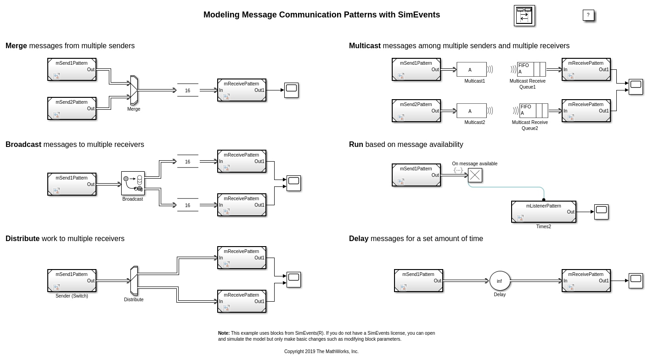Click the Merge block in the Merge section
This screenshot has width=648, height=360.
click(x=134, y=90)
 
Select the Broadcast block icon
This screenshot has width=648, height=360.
click(x=133, y=183)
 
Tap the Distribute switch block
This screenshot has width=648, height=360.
click(x=134, y=281)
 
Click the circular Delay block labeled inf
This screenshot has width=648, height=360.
click(x=500, y=281)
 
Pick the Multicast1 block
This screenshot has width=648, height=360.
click(x=471, y=69)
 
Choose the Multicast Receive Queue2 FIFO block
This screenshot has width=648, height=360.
click(x=533, y=111)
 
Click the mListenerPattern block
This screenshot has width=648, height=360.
click(x=543, y=212)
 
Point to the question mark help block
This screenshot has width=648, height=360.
click(x=588, y=15)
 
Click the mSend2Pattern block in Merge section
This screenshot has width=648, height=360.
click(x=72, y=108)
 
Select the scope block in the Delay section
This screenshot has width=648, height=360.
click(x=636, y=281)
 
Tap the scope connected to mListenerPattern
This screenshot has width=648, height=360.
click(x=601, y=212)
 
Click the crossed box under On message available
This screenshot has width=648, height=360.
click(x=475, y=175)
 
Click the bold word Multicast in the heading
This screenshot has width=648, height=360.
click(x=365, y=46)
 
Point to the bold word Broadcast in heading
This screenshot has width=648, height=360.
click(x=23, y=145)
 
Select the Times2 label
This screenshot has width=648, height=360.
click(x=543, y=227)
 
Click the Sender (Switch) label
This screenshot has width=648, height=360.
click(x=72, y=296)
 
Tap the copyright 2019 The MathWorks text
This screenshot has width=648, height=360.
click(x=321, y=352)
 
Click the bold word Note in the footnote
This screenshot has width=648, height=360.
click(x=224, y=333)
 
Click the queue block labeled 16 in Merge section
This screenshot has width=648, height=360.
click(x=187, y=90)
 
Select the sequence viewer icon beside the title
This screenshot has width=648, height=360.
click(x=524, y=16)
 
